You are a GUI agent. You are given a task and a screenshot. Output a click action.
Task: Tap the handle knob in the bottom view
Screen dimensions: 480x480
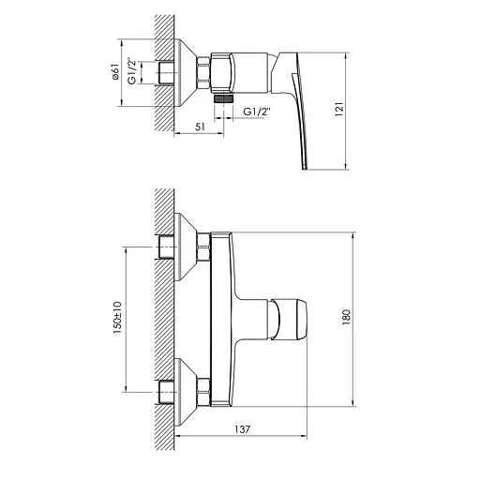coord(292,319)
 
